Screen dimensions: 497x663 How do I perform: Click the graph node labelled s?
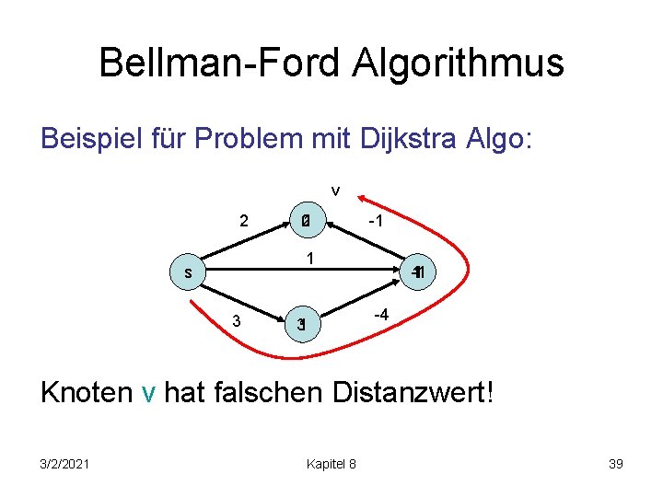188,273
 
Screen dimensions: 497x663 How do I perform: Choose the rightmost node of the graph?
417,273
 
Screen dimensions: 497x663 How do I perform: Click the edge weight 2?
243,221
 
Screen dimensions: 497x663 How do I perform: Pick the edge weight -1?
375,221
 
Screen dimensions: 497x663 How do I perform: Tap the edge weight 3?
237,321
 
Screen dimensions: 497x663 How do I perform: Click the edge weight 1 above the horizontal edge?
311,260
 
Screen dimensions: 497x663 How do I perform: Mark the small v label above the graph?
335,191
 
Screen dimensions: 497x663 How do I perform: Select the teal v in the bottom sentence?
149,394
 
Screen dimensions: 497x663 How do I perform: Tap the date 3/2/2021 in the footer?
64,464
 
